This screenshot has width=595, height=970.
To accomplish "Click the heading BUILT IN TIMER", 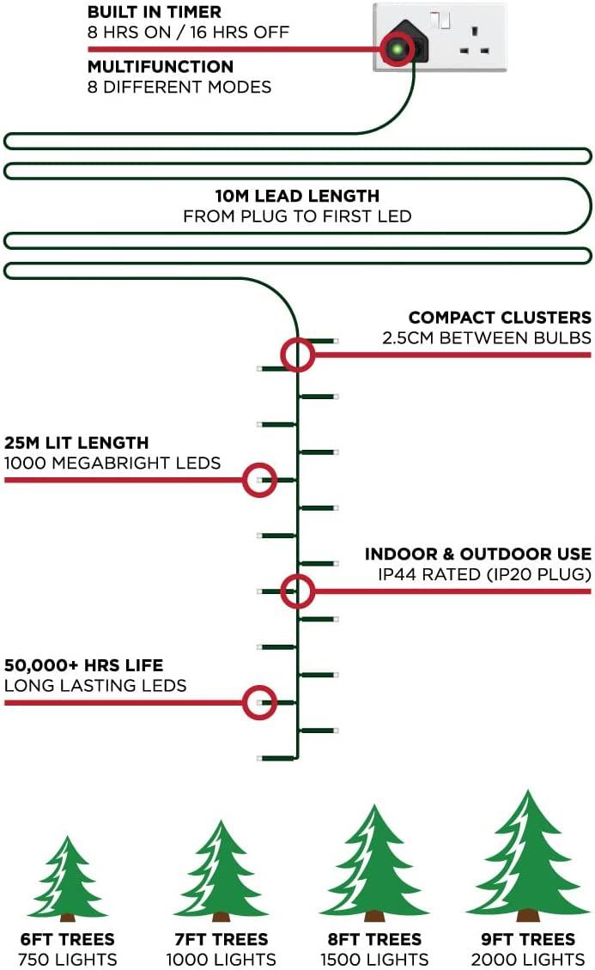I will pyautogui.click(x=154, y=12).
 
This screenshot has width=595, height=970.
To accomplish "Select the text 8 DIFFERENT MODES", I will pyautogui.click(x=179, y=87).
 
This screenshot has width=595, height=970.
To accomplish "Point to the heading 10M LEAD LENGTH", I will pyautogui.click(x=297, y=196).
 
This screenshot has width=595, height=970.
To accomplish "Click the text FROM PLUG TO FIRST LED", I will pyautogui.click(x=297, y=216).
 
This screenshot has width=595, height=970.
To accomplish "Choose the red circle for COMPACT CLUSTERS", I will pyautogui.click(x=297, y=355).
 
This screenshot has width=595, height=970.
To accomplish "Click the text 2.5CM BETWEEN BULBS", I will pyautogui.click(x=486, y=337).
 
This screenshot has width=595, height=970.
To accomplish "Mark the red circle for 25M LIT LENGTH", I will pyautogui.click(x=259, y=480).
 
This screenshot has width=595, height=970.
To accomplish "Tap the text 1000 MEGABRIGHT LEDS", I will pyautogui.click(x=112, y=464).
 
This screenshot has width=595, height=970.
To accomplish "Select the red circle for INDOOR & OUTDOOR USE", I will pyautogui.click(x=297, y=591).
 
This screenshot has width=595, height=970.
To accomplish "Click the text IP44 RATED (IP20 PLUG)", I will pyautogui.click(x=484, y=574).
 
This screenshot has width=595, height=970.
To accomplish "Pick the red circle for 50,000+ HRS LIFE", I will pyautogui.click(x=259, y=702).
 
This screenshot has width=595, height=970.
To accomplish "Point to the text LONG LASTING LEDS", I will pyautogui.click(x=95, y=686).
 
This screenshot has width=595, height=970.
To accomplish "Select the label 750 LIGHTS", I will pyautogui.click(x=68, y=960).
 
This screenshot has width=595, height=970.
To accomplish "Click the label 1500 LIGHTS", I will pyautogui.click(x=374, y=960).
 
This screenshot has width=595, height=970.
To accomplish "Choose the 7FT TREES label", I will pyautogui.click(x=221, y=939).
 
